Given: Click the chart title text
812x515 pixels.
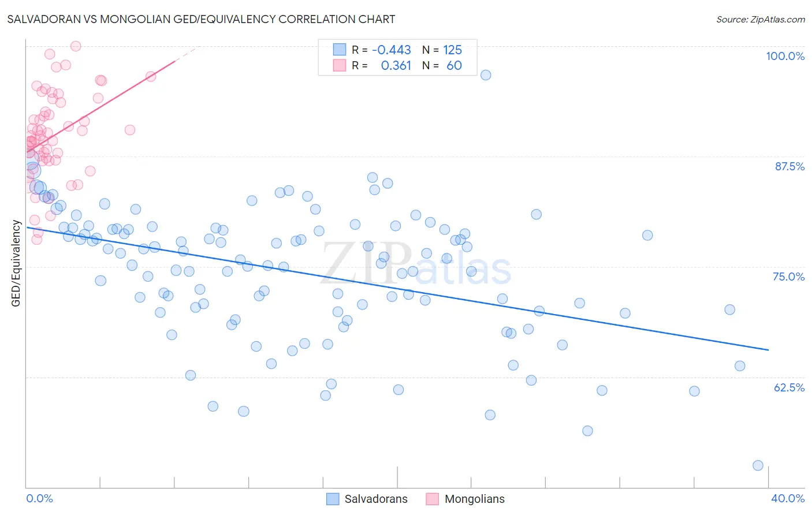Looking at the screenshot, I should coord(201,19).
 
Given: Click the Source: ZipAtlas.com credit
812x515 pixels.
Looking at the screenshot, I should coord(760,19).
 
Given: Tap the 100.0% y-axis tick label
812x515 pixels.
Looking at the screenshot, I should coord(785,56).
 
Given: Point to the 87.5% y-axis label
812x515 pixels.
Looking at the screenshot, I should coord(789,166).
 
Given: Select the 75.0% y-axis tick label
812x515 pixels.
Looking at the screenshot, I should coord(788,277).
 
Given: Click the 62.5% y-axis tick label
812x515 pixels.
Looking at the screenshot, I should coord(789,387).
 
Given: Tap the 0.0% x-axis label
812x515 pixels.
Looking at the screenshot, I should coord(40,498).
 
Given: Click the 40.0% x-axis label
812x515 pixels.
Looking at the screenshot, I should coord(788,498).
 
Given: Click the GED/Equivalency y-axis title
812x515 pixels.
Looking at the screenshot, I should coord(16,263).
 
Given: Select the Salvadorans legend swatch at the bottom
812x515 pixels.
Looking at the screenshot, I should coord(333,499).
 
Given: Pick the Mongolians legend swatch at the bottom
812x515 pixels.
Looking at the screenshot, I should coord(432,499).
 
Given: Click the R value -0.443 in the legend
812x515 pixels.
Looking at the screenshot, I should coord(391,50).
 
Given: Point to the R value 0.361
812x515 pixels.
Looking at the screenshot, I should coord(396,66).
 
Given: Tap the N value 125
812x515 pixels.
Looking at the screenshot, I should coord(452,50).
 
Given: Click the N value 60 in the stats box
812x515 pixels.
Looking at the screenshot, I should coord(454,66).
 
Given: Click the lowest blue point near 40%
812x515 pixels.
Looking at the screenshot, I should coord(758,465).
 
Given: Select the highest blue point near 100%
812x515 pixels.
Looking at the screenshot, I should coord(486,75).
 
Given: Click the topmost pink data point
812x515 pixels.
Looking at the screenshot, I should coord(76,46).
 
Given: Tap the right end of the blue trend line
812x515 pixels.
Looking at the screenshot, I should coord(768,350).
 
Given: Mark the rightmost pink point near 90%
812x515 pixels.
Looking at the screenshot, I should coord(130,130).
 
